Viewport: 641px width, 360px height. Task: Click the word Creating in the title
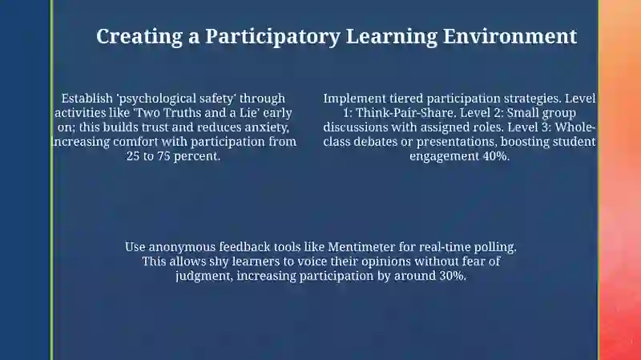(x=139, y=37)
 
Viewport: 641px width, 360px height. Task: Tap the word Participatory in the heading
(x=272, y=37)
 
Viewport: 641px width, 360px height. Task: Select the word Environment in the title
(x=510, y=36)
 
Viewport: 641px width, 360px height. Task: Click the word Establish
(x=87, y=99)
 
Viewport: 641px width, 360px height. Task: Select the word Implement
(x=355, y=99)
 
